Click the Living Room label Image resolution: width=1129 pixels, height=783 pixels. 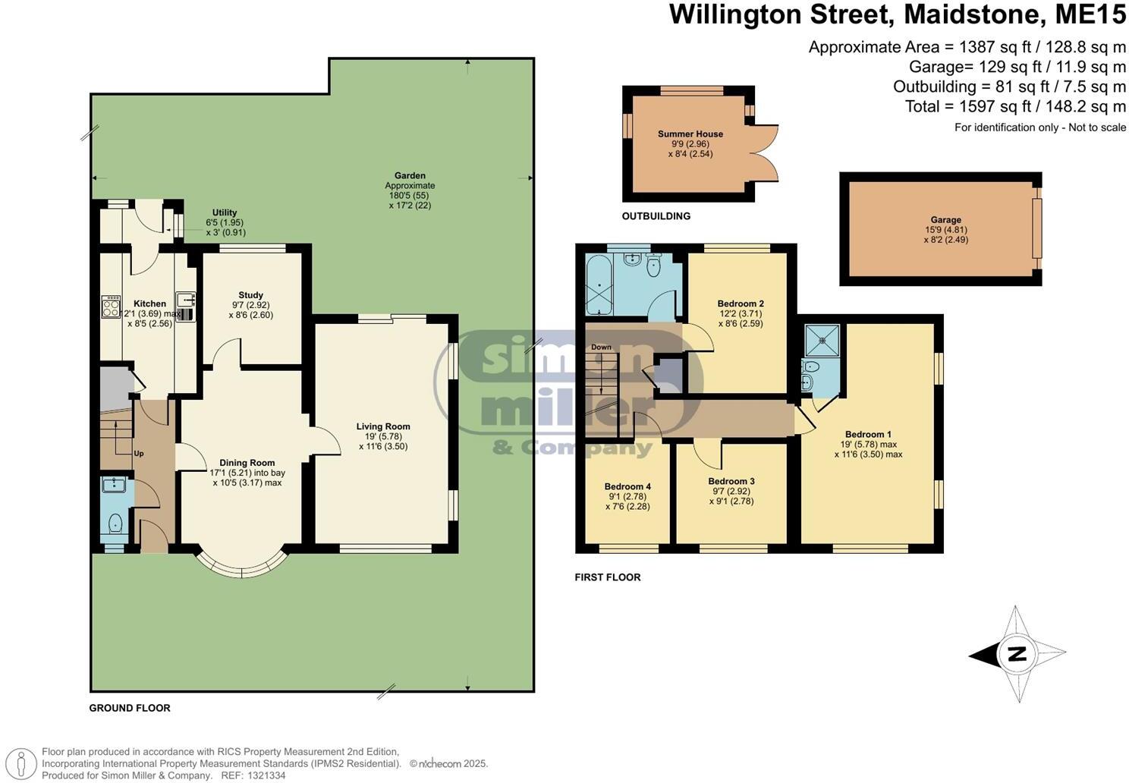tap(383, 426)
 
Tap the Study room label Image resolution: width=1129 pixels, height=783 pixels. tap(250, 295)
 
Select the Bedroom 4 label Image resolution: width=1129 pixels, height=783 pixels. tap(627, 486)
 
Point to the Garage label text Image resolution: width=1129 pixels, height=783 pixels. tap(945, 220)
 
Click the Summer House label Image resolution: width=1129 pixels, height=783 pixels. tap(690, 134)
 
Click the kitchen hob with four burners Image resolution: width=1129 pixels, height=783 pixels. tap(111, 307)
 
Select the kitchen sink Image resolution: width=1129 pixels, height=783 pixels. tap(185, 300)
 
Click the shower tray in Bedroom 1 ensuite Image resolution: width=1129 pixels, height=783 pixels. tap(822, 340)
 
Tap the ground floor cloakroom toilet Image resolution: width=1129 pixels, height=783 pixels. tap(115, 524)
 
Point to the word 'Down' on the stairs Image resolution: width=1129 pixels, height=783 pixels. tap(601, 347)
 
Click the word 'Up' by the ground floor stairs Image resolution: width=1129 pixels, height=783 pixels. tap(139, 454)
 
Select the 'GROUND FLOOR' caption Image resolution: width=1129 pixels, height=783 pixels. tap(130, 708)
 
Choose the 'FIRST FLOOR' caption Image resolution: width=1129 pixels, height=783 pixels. tap(607, 577)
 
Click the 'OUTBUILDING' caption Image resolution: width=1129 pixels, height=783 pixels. tap(656, 216)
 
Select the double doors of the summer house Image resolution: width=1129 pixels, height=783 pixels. tap(766, 152)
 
